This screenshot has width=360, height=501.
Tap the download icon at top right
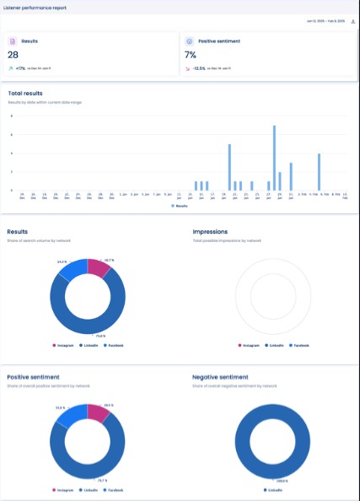(353, 21)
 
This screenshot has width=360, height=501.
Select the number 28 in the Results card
(13, 55)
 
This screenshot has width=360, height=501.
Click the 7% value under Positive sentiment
(191, 55)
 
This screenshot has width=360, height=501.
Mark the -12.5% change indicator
(200, 69)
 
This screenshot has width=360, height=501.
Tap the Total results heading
(25, 93)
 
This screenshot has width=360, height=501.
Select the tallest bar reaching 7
(274, 159)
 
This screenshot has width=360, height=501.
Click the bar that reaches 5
(229, 167)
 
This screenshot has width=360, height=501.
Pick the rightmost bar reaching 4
(319, 172)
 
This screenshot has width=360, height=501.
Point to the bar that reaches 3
(291, 176)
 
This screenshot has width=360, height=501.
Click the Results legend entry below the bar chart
(180, 205)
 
